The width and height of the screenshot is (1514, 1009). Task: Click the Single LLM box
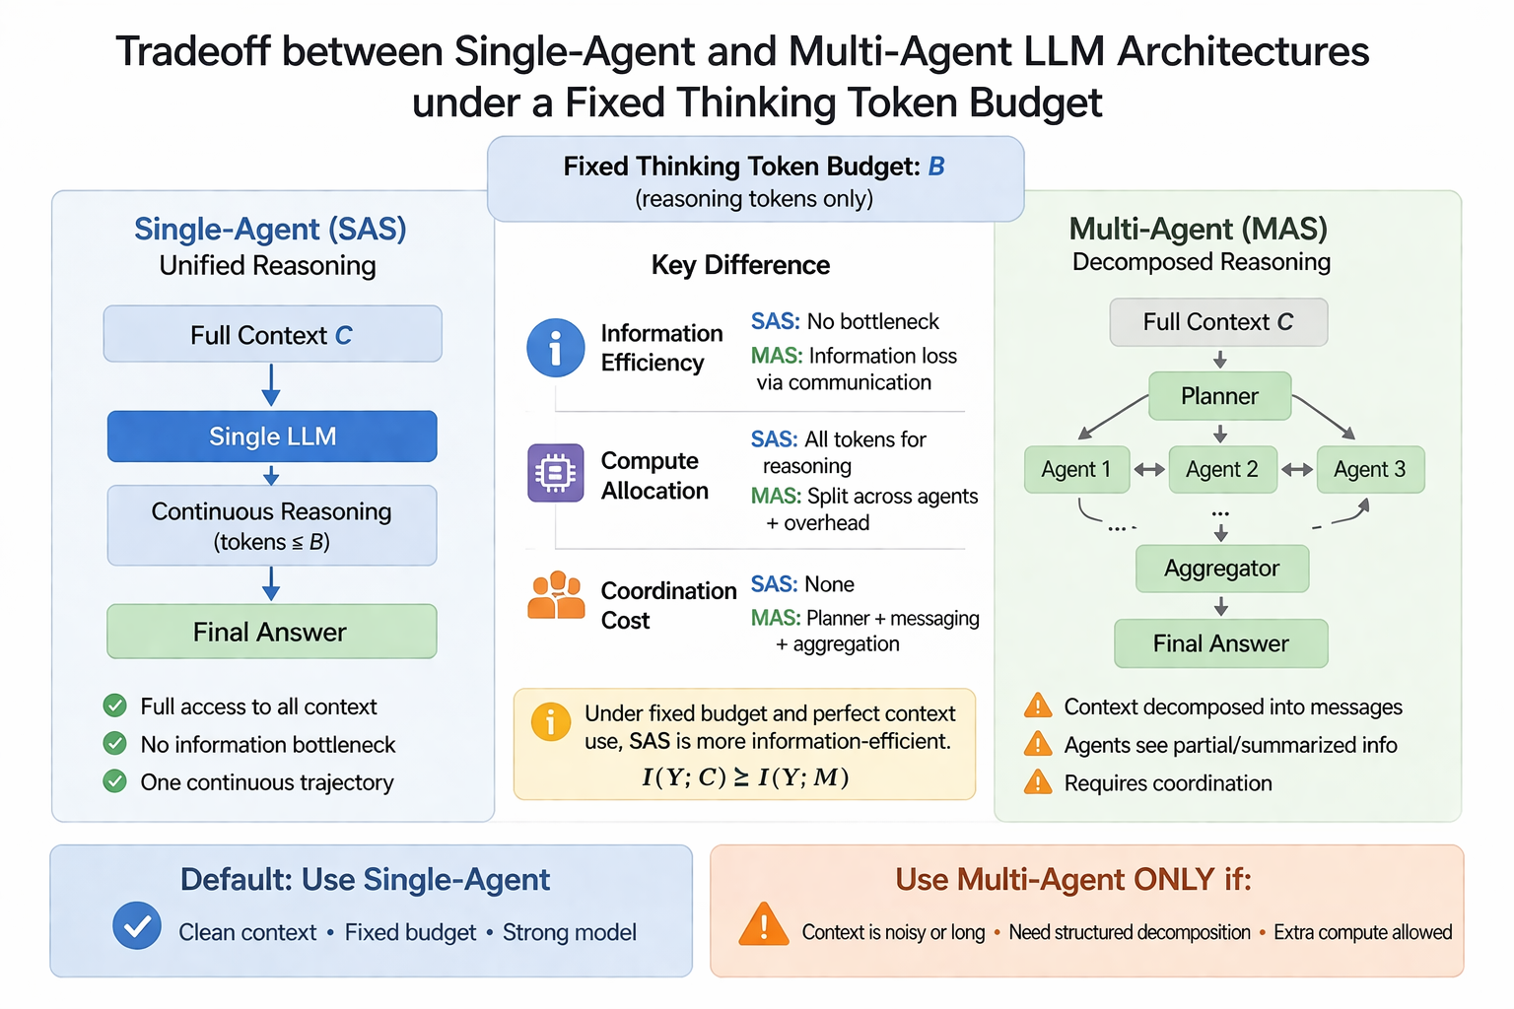point(272,437)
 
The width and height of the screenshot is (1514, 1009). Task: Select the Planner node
point(1219,396)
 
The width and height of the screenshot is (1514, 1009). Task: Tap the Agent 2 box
point(1222,470)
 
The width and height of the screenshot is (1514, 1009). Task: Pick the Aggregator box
point(1221,569)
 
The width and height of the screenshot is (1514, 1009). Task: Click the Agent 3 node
point(1369,470)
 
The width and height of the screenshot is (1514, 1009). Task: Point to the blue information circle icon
point(556,348)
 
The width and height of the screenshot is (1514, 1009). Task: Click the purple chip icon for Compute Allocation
point(556,474)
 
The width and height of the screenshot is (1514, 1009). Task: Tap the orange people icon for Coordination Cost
point(556,596)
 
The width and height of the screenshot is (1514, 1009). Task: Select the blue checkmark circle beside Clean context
point(137,926)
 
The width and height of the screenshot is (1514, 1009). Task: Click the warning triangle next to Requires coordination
point(1038,783)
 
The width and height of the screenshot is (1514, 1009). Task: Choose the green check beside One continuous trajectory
point(115,781)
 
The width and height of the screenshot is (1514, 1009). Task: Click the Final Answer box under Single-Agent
point(271,632)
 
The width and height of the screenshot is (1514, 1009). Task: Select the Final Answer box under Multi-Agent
point(1220,643)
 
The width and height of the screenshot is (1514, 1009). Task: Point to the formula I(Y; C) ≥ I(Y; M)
point(745,777)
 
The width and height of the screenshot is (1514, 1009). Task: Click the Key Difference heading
point(740,265)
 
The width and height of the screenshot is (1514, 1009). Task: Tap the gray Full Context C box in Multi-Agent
point(1218,322)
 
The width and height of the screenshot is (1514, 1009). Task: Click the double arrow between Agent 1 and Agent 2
point(1149,470)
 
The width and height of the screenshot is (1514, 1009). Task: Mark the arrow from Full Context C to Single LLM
point(271,385)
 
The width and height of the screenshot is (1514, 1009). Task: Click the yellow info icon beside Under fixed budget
point(551,722)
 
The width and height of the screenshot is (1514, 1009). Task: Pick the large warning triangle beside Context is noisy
point(764,925)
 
